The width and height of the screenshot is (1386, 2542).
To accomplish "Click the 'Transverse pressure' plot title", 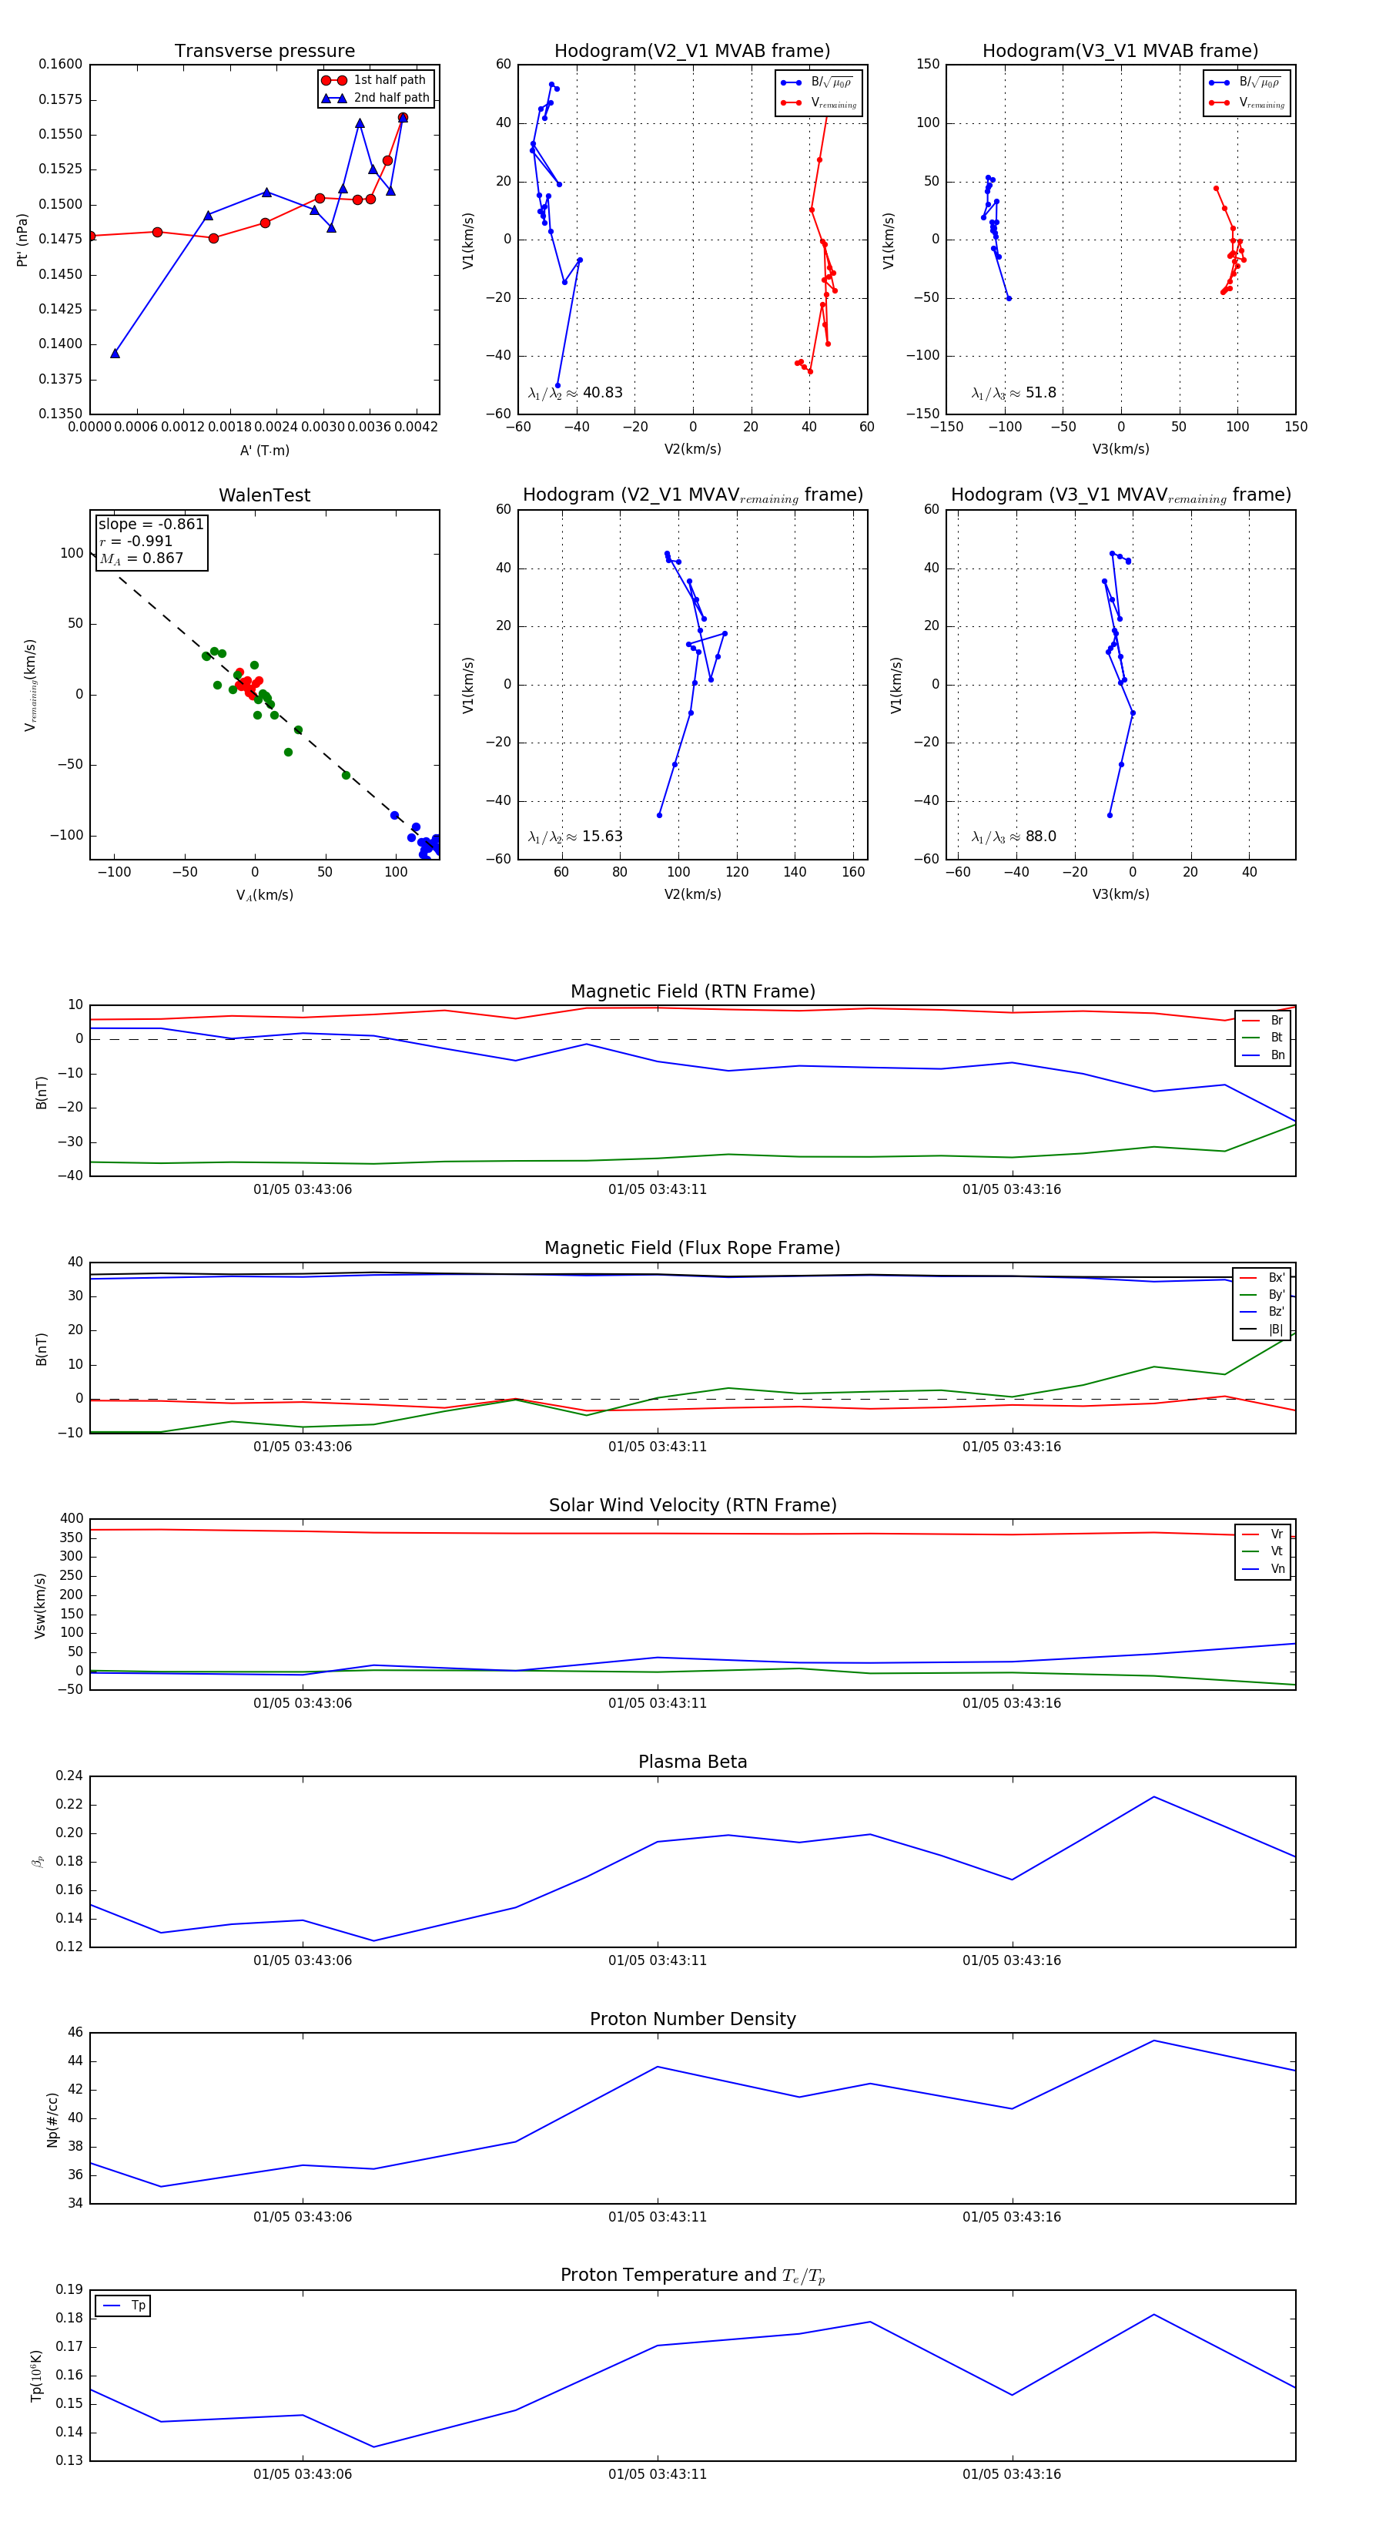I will pos(264,52).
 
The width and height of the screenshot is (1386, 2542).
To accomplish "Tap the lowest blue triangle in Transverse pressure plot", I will pos(115,354).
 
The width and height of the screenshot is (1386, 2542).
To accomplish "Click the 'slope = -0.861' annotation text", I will pos(151,524).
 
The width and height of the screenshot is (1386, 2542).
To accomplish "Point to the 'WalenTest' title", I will pos(264,495).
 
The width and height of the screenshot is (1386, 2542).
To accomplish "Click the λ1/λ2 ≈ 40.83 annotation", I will pos(575,393).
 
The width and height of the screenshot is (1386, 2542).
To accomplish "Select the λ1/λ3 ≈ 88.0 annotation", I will pos(1013,837).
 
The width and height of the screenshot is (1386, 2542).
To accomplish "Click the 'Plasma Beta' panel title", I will pos(692,1762).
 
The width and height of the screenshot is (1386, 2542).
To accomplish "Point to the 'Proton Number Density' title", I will pos(692,2019).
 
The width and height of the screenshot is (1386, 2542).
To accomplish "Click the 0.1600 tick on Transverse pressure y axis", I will pos(60,64).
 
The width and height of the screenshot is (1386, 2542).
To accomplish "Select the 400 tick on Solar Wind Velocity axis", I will pos(71,1519).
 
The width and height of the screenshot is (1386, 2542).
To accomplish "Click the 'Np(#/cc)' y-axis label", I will pos(52,2118).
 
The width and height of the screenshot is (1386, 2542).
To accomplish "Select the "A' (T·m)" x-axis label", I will pos(264,450).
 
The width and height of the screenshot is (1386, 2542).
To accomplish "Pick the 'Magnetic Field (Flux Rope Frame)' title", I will pos(692,1249).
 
